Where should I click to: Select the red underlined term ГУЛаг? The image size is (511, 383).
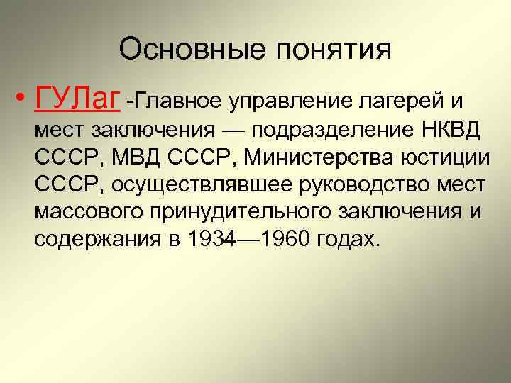76,100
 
